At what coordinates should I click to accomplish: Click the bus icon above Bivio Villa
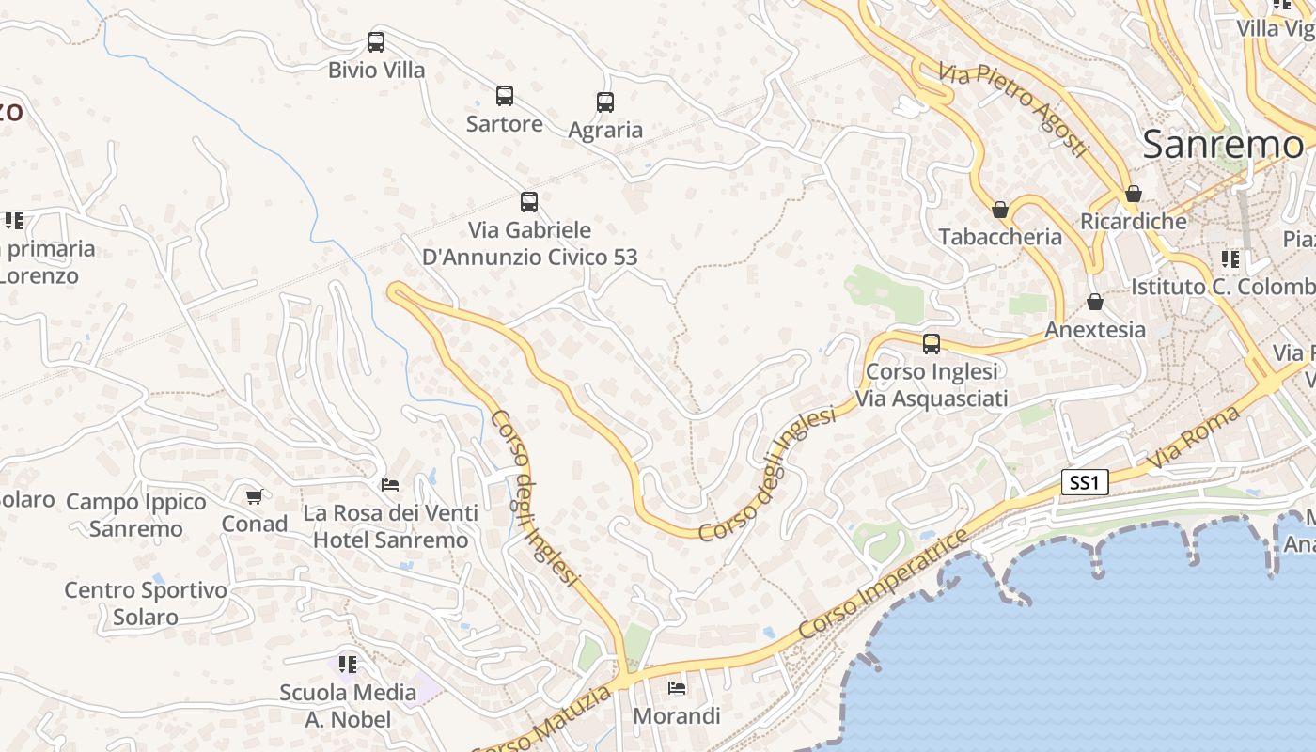tap(376, 42)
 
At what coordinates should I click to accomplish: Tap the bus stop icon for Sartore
tap(505, 96)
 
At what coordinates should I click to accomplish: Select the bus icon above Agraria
tap(605, 102)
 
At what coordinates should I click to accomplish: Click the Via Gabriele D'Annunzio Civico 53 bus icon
tap(529, 202)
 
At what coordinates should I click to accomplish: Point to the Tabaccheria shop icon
tap(1000, 210)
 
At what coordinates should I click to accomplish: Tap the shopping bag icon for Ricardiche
tap(1134, 195)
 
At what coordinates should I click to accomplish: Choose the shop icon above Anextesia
tap(1095, 303)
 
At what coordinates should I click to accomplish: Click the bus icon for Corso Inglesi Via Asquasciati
tap(932, 344)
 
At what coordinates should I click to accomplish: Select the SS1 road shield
tap(1085, 483)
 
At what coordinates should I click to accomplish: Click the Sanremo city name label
tap(1223, 145)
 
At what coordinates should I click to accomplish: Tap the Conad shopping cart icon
tap(254, 496)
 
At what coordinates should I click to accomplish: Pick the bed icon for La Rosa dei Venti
tap(390, 485)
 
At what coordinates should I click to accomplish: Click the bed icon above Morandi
tap(677, 688)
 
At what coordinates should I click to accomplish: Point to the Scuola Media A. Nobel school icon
tap(348, 665)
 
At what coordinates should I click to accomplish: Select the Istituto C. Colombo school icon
tap(1230, 258)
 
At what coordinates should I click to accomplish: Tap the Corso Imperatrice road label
tap(883, 585)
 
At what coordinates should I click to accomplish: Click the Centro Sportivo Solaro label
tap(146, 603)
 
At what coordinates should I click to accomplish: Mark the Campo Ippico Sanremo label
tap(136, 515)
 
